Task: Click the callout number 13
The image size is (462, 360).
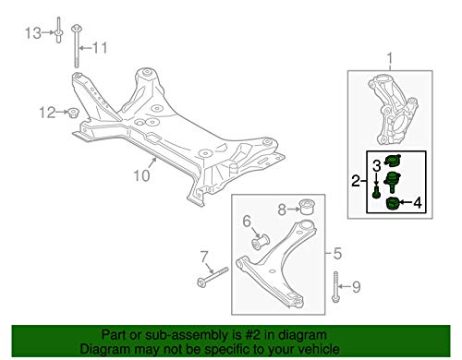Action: tap(33, 33)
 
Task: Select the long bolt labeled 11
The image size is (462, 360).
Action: tap(76, 46)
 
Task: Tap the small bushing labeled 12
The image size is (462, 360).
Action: tap(73, 113)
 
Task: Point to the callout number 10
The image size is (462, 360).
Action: tap(141, 175)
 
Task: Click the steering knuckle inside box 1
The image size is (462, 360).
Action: tap(394, 110)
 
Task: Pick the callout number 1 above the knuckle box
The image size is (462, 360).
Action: tap(390, 58)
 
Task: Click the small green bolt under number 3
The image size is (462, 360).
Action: tap(376, 193)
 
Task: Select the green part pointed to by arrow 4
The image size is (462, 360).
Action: tap(393, 203)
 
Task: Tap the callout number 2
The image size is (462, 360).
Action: tap(356, 181)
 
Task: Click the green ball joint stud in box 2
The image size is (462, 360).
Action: tap(393, 182)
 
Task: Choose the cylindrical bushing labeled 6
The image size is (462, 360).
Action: tap(261, 242)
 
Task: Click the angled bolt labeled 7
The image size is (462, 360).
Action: tap(213, 278)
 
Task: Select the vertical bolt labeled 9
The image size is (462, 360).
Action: tap(335, 287)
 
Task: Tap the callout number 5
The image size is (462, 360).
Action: tap(337, 254)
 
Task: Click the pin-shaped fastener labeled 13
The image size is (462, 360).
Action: tap(59, 30)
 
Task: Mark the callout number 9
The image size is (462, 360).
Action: tap(356, 287)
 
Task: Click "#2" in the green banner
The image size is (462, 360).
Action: tap(251, 335)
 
